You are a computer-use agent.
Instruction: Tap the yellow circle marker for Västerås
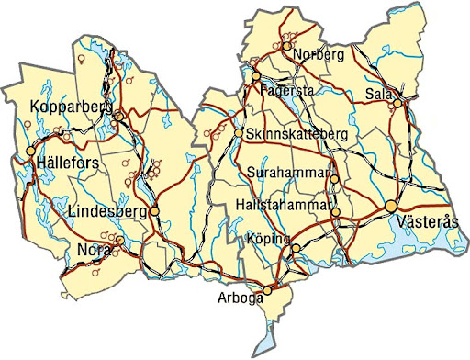coord(392,205)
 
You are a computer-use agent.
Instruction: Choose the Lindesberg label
coord(107,211)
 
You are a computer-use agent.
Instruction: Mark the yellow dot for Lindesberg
coord(154,211)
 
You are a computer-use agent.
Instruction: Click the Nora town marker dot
coord(119,242)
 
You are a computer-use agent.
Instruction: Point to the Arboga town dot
coord(267,291)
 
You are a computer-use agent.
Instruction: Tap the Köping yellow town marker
coord(295,248)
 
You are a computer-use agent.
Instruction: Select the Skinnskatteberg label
coord(297,134)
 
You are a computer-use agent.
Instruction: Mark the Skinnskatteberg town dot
coord(239,134)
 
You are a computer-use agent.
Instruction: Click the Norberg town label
coord(319,55)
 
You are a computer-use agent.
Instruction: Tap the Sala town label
coord(377,93)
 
